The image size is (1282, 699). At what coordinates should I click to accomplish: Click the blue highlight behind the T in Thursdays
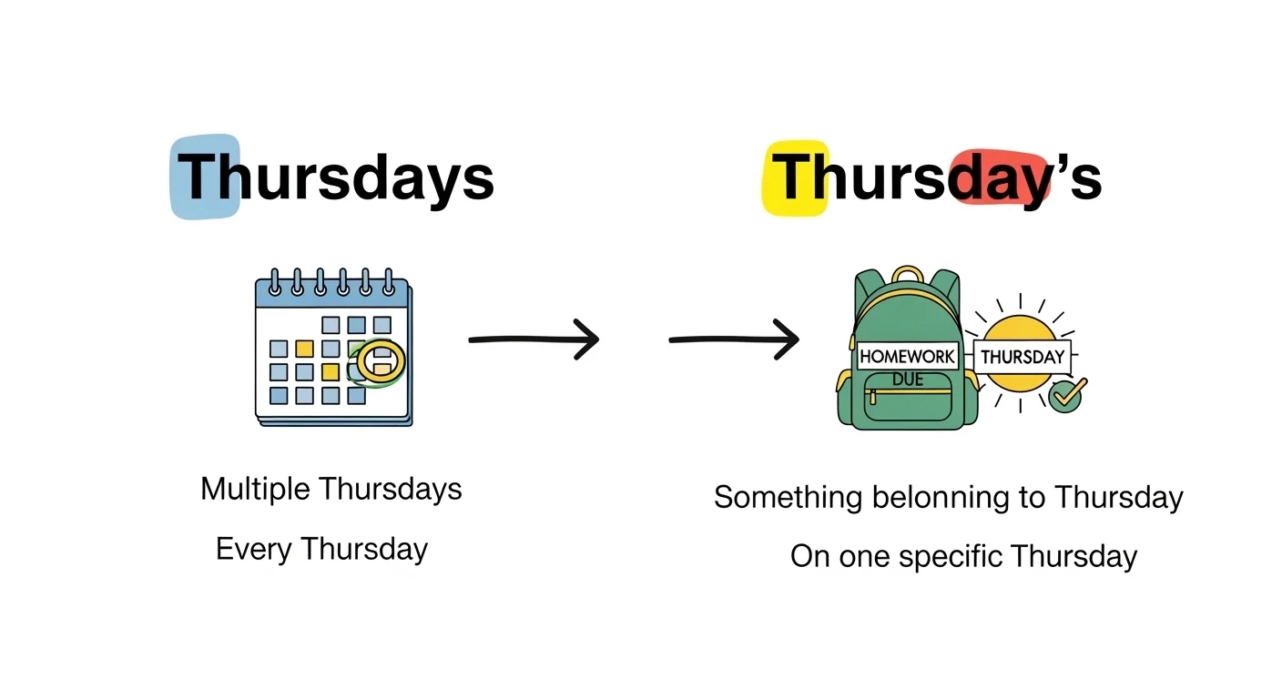[205, 177]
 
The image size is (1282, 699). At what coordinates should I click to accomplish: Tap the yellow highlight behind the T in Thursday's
[795, 177]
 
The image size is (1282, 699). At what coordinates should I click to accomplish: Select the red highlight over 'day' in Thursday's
[997, 178]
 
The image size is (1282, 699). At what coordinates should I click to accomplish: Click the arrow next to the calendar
[534, 339]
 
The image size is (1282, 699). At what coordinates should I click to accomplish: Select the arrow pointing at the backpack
[734, 339]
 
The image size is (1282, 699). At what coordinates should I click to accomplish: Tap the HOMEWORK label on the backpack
[907, 357]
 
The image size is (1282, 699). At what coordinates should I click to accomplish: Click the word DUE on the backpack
[907, 379]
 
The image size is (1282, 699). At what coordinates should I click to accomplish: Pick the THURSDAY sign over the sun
[1022, 357]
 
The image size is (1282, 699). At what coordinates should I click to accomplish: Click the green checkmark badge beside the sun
[1065, 396]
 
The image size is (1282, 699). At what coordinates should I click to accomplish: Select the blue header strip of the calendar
[331, 293]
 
